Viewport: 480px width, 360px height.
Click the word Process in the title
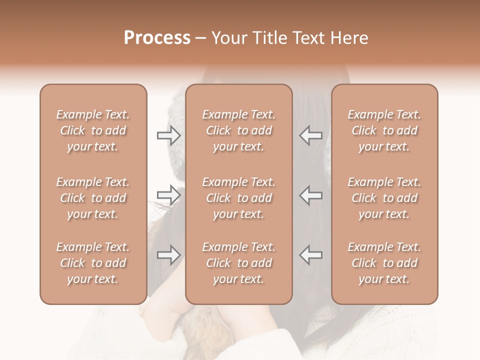pyautogui.click(x=157, y=38)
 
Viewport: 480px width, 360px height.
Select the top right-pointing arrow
pyautogui.click(x=169, y=135)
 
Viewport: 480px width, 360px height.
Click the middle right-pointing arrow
pyautogui.click(x=169, y=195)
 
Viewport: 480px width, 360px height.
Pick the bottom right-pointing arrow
pyautogui.click(x=169, y=255)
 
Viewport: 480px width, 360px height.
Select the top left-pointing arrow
pyautogui.click(x=311, y=135)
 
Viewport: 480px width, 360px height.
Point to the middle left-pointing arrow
pyautogui.click(x=311, y=195)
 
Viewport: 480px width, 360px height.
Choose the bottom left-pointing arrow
pyautogui.click(x=311, y=255)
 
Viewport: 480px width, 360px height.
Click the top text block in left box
pyautogui.click(x=93, y=130)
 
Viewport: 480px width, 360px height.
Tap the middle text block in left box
pyautogui.click(x=93, y=198)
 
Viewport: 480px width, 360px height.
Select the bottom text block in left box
pyautogui.click(x=93, y=263)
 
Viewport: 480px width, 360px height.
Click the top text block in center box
pyautogui.click(x=239, y=130)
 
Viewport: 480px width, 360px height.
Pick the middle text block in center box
pyautogui.click(x=239, y=198)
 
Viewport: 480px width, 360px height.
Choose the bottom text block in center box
pyautogui.click(x=239, y=263)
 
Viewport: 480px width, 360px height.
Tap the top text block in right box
pyautogui.click(x=384, y=130)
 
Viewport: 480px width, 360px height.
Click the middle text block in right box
pyautogui.click(x=384, y=198)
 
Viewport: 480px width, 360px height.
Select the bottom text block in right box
pyautogui.click(x=384, y=263)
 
